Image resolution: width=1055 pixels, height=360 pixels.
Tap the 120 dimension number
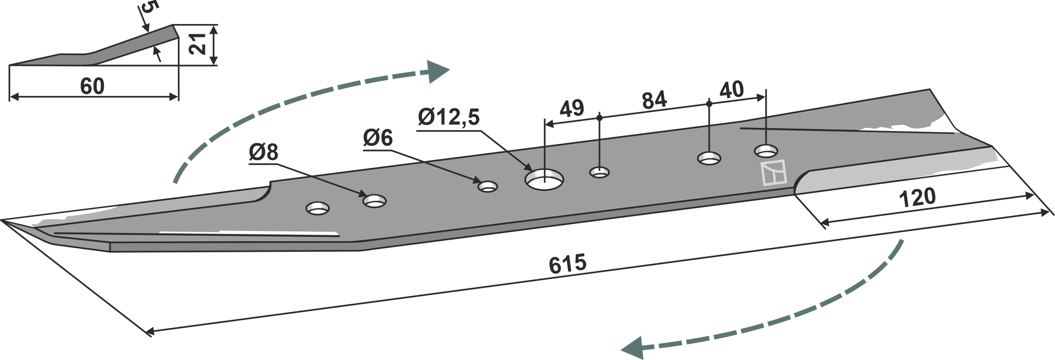pos(917,198)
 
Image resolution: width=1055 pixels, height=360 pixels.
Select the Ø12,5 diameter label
pos(448,118)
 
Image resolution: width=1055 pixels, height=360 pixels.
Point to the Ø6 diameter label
pos(377,138)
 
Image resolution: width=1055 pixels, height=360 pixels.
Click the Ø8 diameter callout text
pos(263,152)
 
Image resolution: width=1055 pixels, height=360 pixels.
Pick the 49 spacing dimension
pos(571,109)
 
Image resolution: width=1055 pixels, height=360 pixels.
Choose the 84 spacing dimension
pos(654,100)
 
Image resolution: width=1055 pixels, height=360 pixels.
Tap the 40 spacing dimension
pos(731,90)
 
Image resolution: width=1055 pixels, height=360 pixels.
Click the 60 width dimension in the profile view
pos(92,87)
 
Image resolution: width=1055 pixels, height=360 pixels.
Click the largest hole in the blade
pos(544,179)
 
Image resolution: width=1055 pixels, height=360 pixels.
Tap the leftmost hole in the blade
pos(318,208)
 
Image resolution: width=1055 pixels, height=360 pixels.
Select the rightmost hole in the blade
pos(766,150)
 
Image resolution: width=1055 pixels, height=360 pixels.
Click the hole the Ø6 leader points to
pos(488,187)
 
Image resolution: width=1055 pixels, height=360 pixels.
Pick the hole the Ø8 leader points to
pos(375,201)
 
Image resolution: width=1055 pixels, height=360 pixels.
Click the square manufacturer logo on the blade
pos(773,172)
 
